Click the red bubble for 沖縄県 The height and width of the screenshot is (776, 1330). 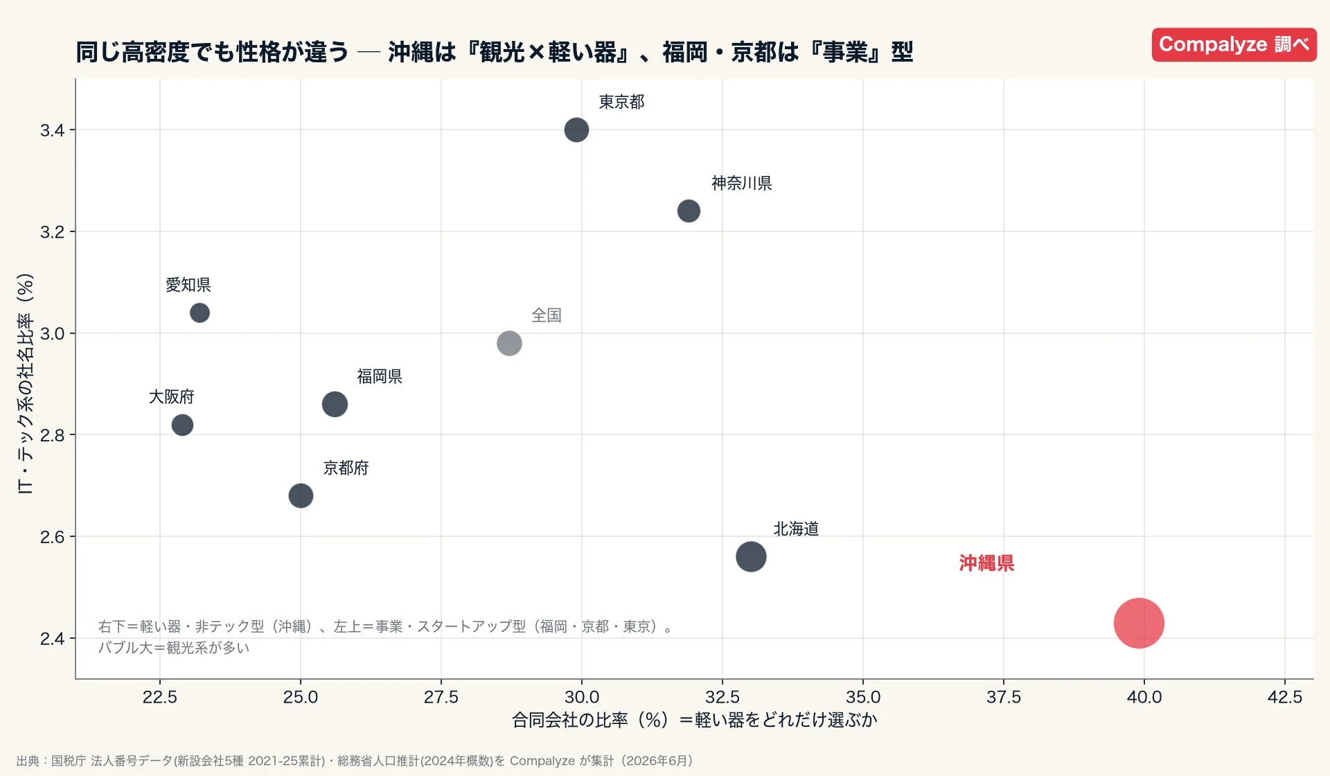click(1139, 623)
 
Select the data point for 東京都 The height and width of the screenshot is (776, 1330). click(576, 130)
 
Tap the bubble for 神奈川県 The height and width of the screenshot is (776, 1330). click(689, 211)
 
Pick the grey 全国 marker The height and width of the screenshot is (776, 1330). click(509, 343)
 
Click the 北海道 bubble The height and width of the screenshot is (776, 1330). click(751, 556)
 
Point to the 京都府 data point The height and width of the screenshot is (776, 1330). click(301, 495)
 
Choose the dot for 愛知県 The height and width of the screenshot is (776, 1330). click(199, 312)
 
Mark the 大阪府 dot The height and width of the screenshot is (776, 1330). click(182, 425)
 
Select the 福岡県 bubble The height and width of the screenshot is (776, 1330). click(335, 404)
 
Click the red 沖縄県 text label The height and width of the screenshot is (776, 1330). click(986, 563)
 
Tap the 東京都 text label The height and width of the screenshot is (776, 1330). click(621, 102)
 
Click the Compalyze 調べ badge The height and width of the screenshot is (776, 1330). click(1234, 44)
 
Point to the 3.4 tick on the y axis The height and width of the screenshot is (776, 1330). click(52, 130)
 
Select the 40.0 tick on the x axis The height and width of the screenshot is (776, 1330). click(1144, 697)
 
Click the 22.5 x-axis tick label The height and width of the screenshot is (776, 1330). click(160, 697)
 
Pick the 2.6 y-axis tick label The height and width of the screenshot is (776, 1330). click(52, 537)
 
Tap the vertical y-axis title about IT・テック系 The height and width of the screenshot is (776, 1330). click(25, 383)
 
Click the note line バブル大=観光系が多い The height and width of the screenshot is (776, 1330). click(173, 648)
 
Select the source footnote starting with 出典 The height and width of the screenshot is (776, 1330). click(355, 761)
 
